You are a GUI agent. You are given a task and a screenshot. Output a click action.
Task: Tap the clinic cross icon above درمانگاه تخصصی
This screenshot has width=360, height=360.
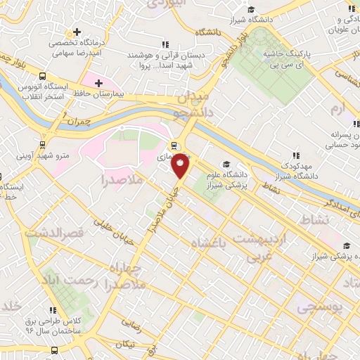[x=78, y=32]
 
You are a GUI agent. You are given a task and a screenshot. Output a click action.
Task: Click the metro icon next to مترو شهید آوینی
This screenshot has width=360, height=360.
[x=44, y=145]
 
